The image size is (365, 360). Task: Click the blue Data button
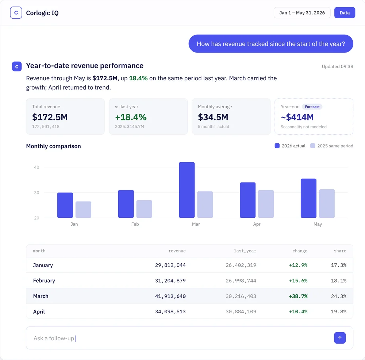345,12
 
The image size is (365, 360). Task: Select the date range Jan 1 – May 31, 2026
302,12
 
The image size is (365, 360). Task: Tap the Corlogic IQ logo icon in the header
16,12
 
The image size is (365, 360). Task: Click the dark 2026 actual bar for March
187,190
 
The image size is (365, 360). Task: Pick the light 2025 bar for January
83,209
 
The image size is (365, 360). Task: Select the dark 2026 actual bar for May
308,198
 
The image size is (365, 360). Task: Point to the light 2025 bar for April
266,204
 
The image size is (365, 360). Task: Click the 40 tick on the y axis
36,167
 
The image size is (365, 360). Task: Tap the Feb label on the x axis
135,224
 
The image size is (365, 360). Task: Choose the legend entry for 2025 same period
332,146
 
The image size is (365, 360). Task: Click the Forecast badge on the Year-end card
312,107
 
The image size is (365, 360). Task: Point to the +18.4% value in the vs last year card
131,117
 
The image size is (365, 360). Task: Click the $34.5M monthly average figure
213,117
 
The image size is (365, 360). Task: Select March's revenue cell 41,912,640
170,296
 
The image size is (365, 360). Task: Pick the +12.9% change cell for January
298,265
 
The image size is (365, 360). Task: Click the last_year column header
245,251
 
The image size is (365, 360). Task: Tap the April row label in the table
39,311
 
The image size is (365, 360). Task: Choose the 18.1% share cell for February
339,281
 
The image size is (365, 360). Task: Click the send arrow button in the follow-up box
340,338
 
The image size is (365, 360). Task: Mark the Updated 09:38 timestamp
338,66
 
